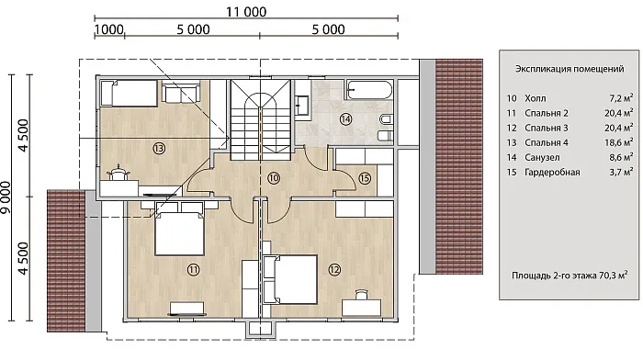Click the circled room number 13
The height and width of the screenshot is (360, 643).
click(x=159, y=148)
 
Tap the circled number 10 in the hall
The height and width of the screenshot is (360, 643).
click(x=274, y=178)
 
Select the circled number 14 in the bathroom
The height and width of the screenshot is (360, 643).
click(x=345, y=119)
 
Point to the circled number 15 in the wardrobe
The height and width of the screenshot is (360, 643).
click(x=364, y=178)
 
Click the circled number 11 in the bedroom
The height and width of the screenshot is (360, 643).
click(x=194, y=269)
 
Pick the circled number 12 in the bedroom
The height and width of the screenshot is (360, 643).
click(x=334, y=269)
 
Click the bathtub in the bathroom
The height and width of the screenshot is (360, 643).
click(x=369, y=90)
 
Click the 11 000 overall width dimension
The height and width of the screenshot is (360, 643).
click(x=246, y=12)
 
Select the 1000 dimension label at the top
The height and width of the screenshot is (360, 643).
click(x=108, y=29)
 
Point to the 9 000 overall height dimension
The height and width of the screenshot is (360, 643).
click(x=6, y=197)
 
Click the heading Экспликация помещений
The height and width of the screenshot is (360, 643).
click(x=570, y=69)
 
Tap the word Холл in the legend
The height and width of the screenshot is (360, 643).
click(x=536, y=98)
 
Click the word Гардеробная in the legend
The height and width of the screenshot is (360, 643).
click(x=552, y=173)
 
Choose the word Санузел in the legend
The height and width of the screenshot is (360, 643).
click(x=542, y=157)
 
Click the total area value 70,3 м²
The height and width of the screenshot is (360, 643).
click(x=613, y=276)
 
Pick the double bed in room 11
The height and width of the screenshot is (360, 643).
click(x=179, y=233)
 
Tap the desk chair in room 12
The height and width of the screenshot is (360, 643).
click(x=361, y=295)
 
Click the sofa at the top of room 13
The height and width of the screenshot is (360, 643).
click(x=181, y=93)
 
